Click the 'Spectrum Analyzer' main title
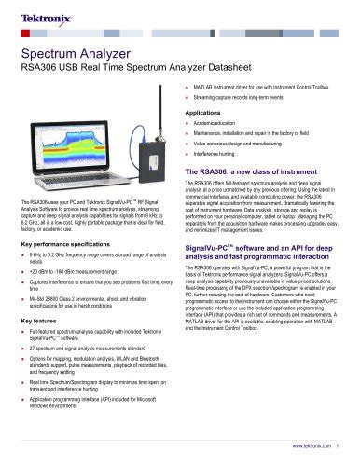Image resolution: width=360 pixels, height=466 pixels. pos(71,54)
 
